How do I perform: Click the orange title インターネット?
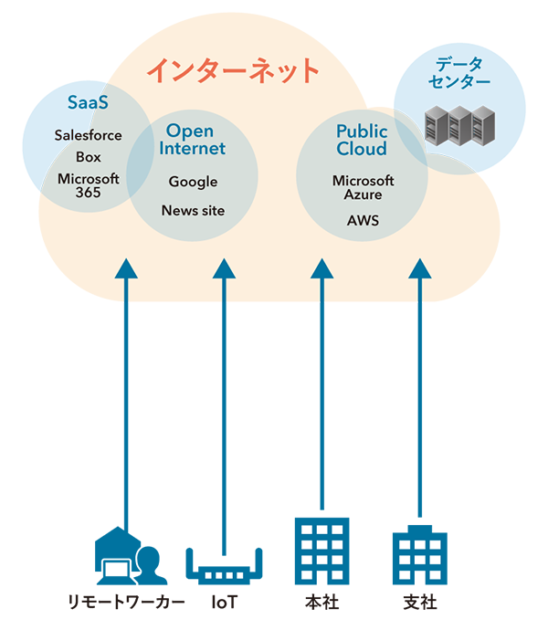(x=233, y=70)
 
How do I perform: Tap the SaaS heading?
(x=88, y=102)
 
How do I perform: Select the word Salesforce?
(x=88, y=135)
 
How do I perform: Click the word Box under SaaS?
(x=89, y=156)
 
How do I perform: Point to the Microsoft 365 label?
(x=89, y=185)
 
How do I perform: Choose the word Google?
(x=193, y=182)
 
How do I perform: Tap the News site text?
(x=193, y=211)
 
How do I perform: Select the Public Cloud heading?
(x=362, y=141)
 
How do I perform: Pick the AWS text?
(x=363, y=221)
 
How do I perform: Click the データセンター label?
(x=461, y=73)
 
